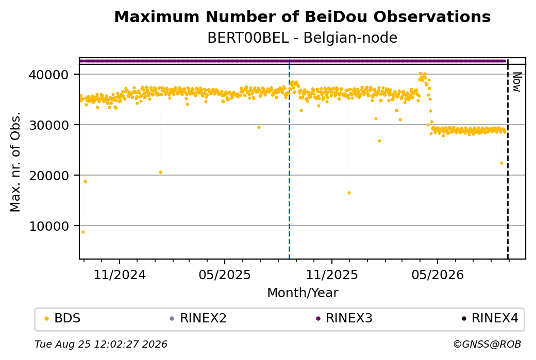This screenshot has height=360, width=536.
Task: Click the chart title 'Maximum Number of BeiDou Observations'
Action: click(x=302, y=16)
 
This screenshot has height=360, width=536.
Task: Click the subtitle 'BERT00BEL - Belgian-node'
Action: click(x=302, y=38)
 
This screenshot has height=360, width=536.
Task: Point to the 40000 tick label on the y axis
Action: click(x=48, y=75)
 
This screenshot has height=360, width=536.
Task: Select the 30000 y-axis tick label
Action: click(x=48, y=125)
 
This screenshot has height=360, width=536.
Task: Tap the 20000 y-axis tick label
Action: click(x=48, y=175)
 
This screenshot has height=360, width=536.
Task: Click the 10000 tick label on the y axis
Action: click(x=48, y=226)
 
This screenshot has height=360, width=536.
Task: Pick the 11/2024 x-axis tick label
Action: click(x=120, y=275)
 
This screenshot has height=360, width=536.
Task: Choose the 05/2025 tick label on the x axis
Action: click(x=225, y=275)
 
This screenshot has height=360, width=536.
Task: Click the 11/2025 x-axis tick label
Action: click(x=331, y=275)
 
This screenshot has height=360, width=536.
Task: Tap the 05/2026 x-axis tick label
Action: click(x=438, y=275)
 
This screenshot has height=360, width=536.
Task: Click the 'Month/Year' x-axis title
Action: click(x=303, y=293)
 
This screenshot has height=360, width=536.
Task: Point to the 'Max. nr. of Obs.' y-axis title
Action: click(x=15, y=162)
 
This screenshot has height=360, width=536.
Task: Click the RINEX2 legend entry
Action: click(x=198, y=318)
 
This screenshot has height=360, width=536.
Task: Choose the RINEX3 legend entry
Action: click(x=344, y=318)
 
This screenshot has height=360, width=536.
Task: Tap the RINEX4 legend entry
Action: click(x=490, y=318)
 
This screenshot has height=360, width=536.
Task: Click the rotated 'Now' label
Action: click(x=517, y=82)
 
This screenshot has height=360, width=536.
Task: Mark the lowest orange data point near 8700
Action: click(x=83, y=232)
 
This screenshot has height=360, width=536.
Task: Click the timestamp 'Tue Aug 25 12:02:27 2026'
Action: click(x=101, y=344)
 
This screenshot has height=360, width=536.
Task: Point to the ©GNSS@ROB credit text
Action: click(x=487, y=344)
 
